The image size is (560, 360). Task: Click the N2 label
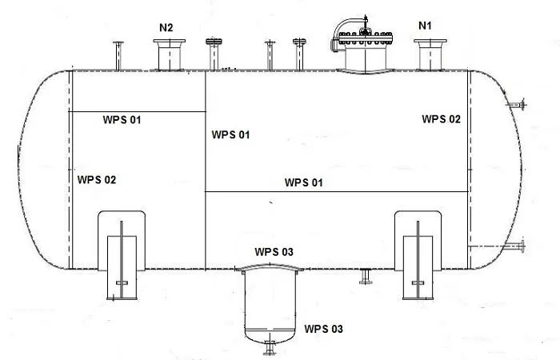pos(166,28)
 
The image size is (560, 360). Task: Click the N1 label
pos(425,26)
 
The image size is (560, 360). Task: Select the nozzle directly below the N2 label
pos(170,54)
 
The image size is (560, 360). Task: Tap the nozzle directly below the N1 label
pos(430,54)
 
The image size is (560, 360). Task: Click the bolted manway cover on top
pos(366,38)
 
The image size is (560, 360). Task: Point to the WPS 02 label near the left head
pos(97,180)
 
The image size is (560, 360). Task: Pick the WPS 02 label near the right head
pos(442,119)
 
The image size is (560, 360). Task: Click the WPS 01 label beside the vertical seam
pos(230,134)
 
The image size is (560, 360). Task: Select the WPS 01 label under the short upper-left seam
pos(122,120)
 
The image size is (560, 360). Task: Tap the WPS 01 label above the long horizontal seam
pos(303,182)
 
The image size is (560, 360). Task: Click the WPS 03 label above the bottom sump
pos(274,252)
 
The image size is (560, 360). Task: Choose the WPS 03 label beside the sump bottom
pos(323,329)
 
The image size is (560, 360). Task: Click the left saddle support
pos(122,255)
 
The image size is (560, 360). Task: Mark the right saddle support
pos(418,255)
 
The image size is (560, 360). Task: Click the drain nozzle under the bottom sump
pos(270,348)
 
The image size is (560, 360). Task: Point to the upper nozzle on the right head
pos(517,105)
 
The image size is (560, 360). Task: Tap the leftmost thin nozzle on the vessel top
pos(118,56)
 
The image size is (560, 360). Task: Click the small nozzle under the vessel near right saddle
pos(366,277)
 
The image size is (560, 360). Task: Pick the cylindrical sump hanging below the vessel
pos(270,303)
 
